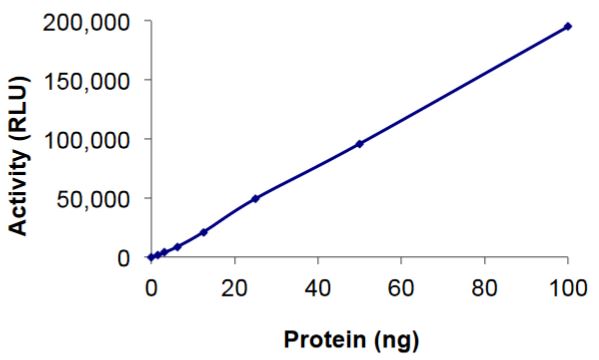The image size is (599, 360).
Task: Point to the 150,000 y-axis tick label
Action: (x=88, y=80)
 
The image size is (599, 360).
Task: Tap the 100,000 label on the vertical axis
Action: (x=88, y=139)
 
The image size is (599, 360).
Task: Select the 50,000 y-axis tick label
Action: (x=94, y=198)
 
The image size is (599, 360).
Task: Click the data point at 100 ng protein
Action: (x=568, y=26)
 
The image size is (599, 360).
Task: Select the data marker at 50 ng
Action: (x=359, y=143)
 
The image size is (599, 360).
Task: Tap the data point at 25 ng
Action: (x=255, y=198)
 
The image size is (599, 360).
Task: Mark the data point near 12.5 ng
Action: (x=203, y=232)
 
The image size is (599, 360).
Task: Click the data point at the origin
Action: (x=150, y=257)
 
